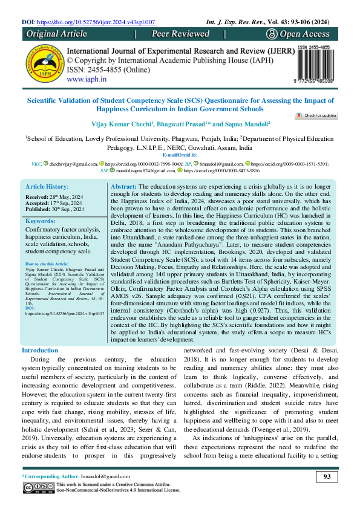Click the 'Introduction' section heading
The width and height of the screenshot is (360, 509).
[40, 351]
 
